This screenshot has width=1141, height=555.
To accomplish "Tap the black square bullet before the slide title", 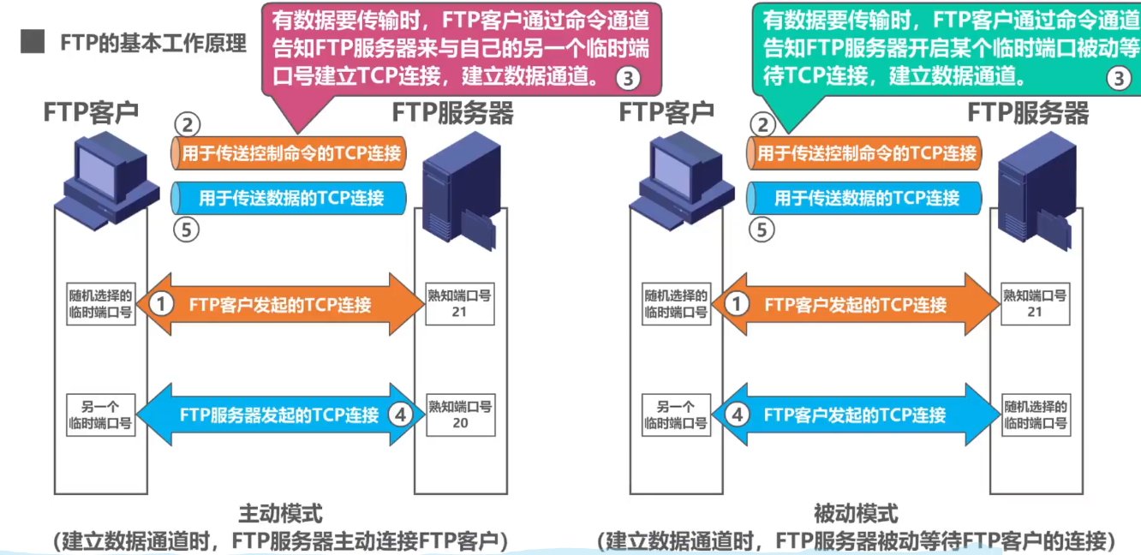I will coord(32,43).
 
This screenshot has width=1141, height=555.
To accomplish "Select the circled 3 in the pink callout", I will coord(628,79).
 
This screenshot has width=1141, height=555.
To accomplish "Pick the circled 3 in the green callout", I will coord(1119,79).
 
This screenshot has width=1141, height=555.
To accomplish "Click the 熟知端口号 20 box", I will coord(460,414).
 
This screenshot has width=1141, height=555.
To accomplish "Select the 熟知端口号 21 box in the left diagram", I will coord(460,303).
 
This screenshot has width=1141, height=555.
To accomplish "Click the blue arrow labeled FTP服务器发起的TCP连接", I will coord(279,415).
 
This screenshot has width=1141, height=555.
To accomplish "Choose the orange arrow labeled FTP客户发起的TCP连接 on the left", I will coord(279,304).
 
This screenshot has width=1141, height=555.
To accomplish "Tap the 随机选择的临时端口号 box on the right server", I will coord(1035,414).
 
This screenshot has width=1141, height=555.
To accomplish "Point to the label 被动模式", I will coord(856,514).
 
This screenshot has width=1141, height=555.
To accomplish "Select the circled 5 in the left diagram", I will coord(186,230).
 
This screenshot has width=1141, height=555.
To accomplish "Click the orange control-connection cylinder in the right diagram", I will coord(865,153).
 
